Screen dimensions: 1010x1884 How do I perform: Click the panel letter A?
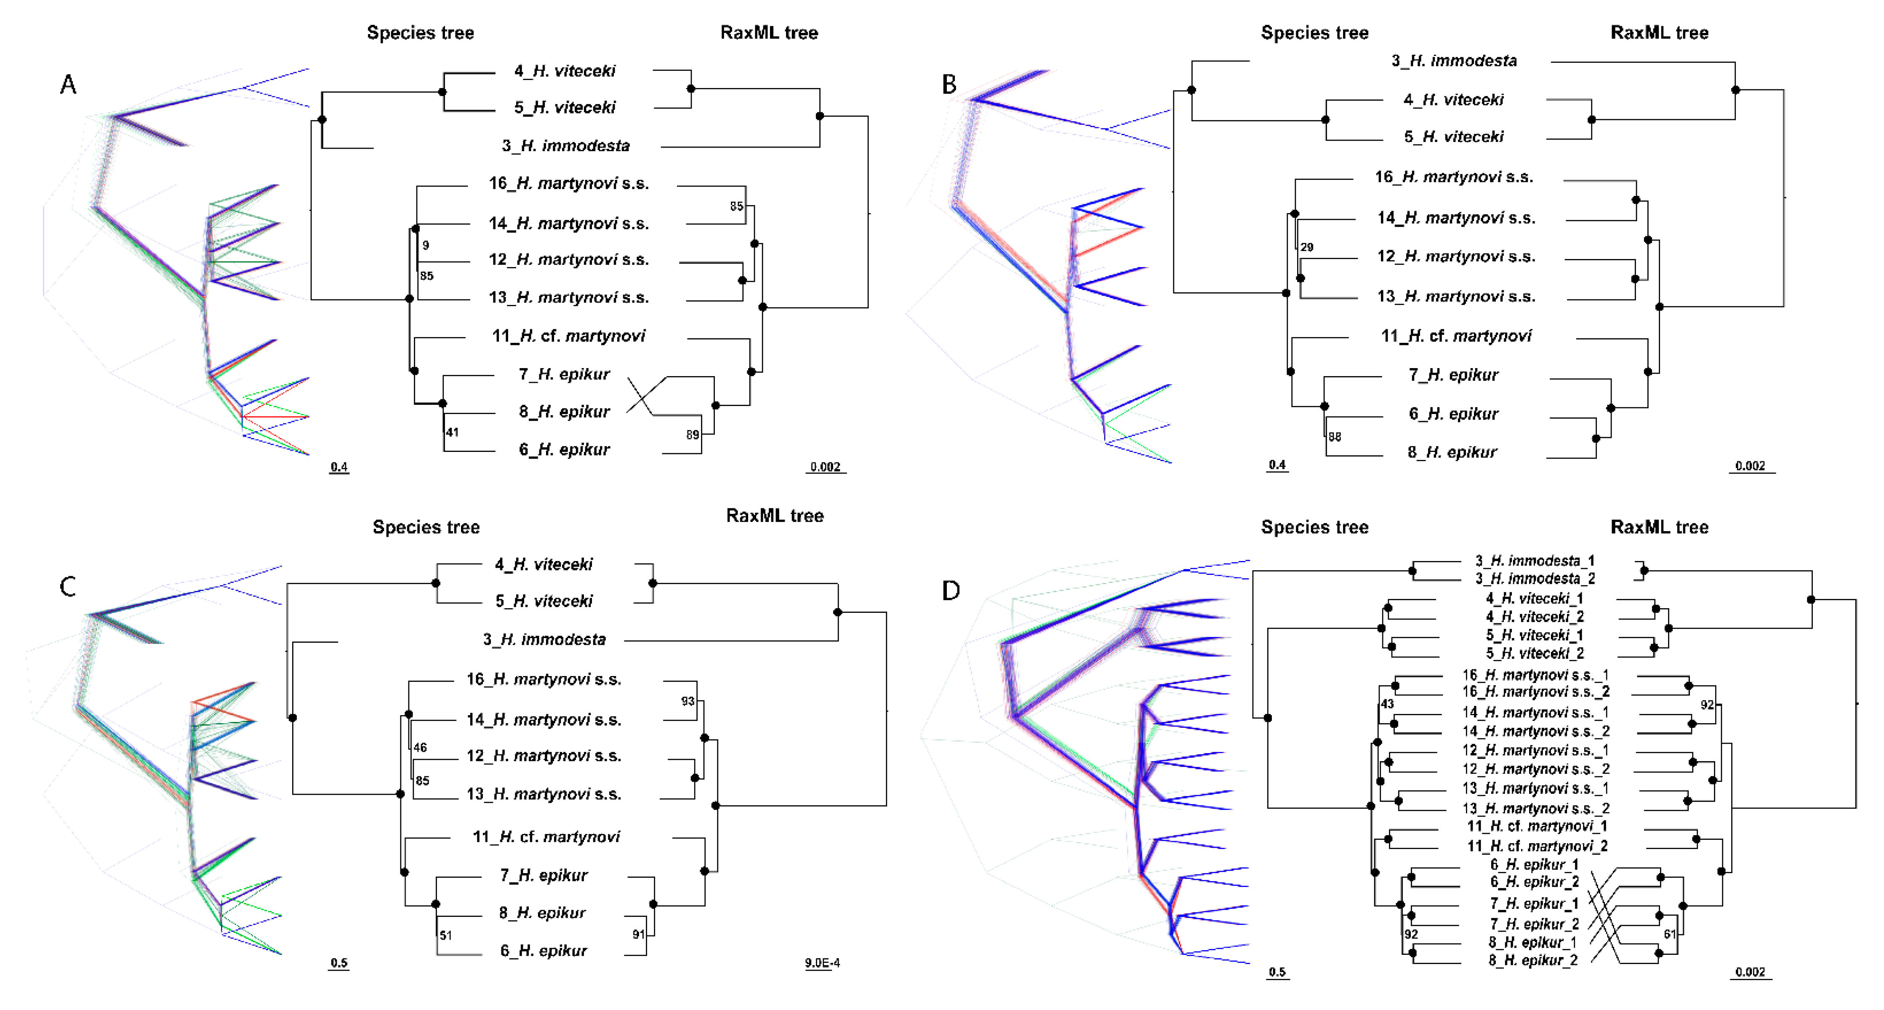[x=68, y=85]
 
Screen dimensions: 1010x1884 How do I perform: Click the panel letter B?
[x=949, y=85]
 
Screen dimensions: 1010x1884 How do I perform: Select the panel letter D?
[x=951, y=590]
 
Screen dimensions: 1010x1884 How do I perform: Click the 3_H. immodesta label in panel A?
[x=565, y=146]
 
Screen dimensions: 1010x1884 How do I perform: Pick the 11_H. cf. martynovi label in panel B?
[x=1455, y=336]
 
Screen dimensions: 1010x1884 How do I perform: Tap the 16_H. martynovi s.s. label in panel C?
[x=544, y=679]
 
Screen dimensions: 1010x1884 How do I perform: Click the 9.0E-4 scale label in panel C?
[x=822, y=962]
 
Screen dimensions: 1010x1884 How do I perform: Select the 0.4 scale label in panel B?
[x=1277, y=465]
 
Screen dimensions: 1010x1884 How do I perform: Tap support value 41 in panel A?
[x=452, y=433]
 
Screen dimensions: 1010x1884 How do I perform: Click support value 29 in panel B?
[x=1306, y=247]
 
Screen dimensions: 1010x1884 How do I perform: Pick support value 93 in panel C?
[x=688, y=701]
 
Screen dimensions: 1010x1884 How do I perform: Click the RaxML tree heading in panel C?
[x=775, y=516]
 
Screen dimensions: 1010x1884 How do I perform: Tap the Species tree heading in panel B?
[x=1314, y=33]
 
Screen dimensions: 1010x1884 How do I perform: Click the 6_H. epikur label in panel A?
[x=564, y=449]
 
